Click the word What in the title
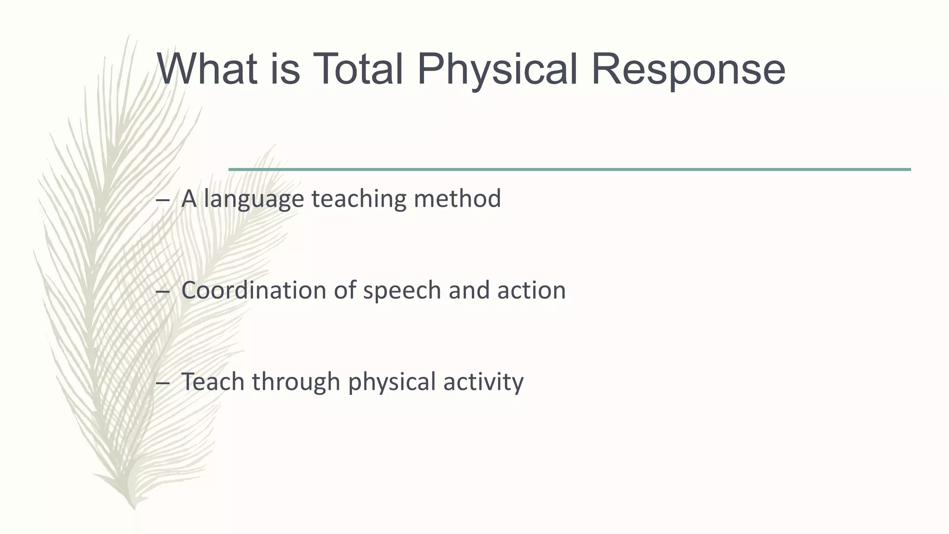(x=207, y=70)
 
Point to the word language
(x=253, y=199)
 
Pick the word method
(x=457, y=198)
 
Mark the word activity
(x=483, y=382)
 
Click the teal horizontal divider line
(x=569, y=170)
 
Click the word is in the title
(x=285, y=70)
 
